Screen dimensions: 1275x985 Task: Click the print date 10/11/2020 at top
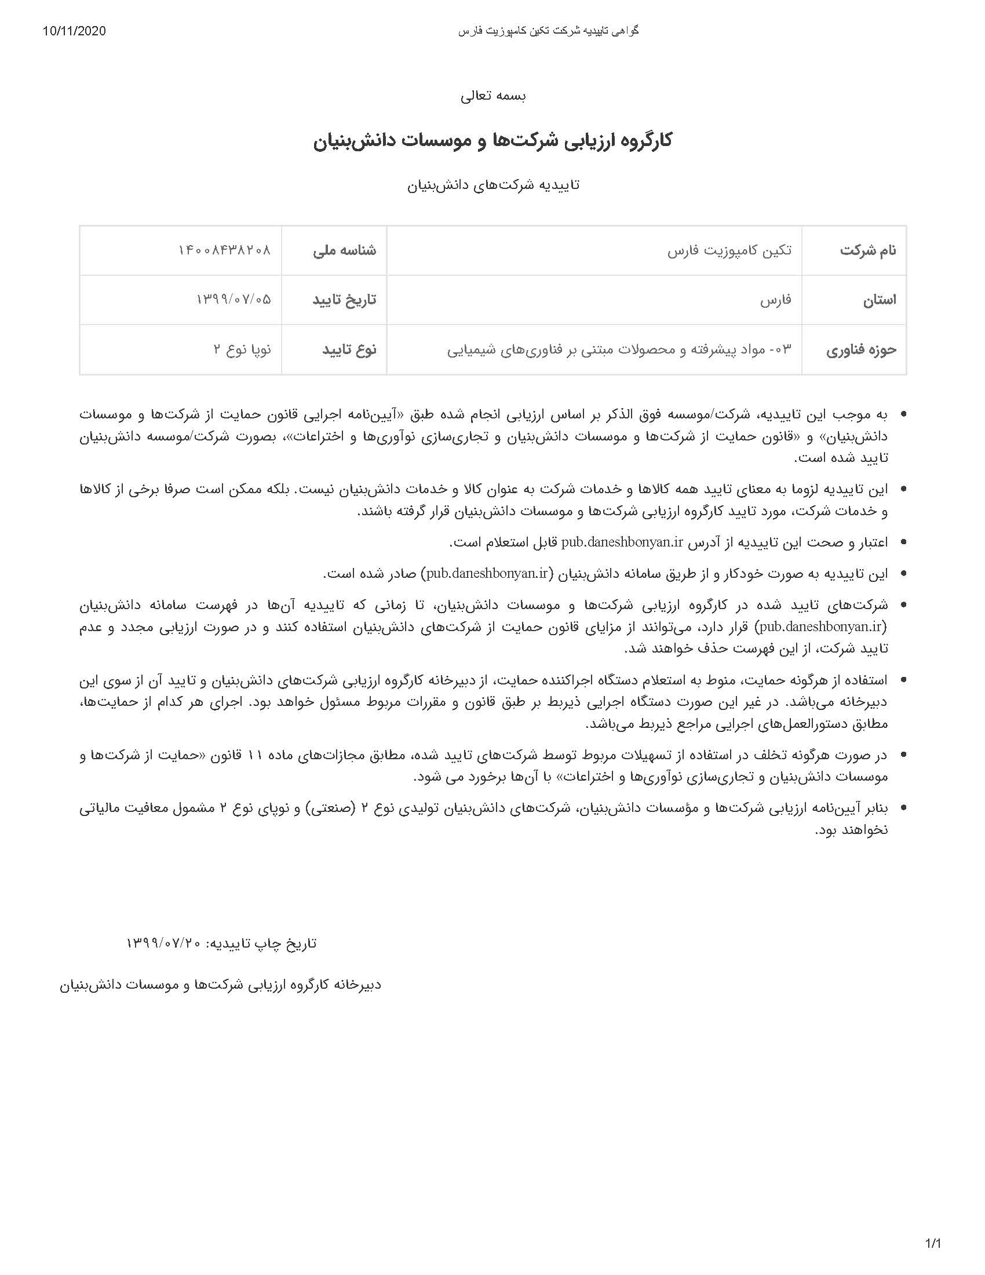74,31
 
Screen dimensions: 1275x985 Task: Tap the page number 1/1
933,1240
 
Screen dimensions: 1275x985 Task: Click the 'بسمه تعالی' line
493,96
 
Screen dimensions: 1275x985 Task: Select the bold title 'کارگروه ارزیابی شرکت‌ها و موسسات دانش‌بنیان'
493,141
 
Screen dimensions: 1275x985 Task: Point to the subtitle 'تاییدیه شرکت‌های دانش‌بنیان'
493,185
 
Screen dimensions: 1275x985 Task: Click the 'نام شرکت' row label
868,250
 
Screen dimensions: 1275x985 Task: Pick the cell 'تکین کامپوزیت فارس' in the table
729,250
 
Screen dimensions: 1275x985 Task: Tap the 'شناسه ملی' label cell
344,250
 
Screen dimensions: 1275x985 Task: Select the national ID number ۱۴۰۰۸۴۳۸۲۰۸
225,250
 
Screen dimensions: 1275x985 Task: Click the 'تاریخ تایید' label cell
344,300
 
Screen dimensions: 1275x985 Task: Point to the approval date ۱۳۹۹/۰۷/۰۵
234,300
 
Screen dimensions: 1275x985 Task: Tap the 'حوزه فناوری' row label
860,350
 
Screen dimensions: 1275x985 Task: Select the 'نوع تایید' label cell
349,350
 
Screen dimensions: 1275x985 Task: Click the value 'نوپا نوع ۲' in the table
242,350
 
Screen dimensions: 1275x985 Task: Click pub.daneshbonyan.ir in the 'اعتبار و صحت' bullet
622,542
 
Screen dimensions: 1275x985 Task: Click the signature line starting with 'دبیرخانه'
221,985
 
